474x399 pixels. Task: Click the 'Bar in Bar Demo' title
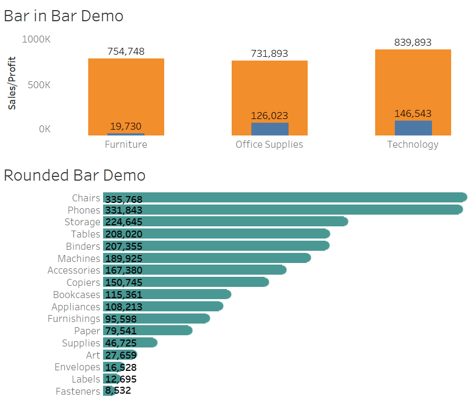63,16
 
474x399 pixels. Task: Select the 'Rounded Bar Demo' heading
74,175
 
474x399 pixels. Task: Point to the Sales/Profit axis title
12,83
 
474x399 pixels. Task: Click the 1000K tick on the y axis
36,39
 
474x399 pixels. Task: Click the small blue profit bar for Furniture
126,134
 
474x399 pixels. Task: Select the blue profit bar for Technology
413,128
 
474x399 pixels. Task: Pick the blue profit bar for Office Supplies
269,129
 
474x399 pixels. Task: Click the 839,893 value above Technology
413,43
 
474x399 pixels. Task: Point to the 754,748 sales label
126,52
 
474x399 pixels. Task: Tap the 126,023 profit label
269,116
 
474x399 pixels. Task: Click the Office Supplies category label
269,145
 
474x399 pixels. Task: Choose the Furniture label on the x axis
126,145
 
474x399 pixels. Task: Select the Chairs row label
86,198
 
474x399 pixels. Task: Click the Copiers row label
83,282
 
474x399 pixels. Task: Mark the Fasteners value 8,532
118,391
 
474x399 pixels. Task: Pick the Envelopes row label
77,367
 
